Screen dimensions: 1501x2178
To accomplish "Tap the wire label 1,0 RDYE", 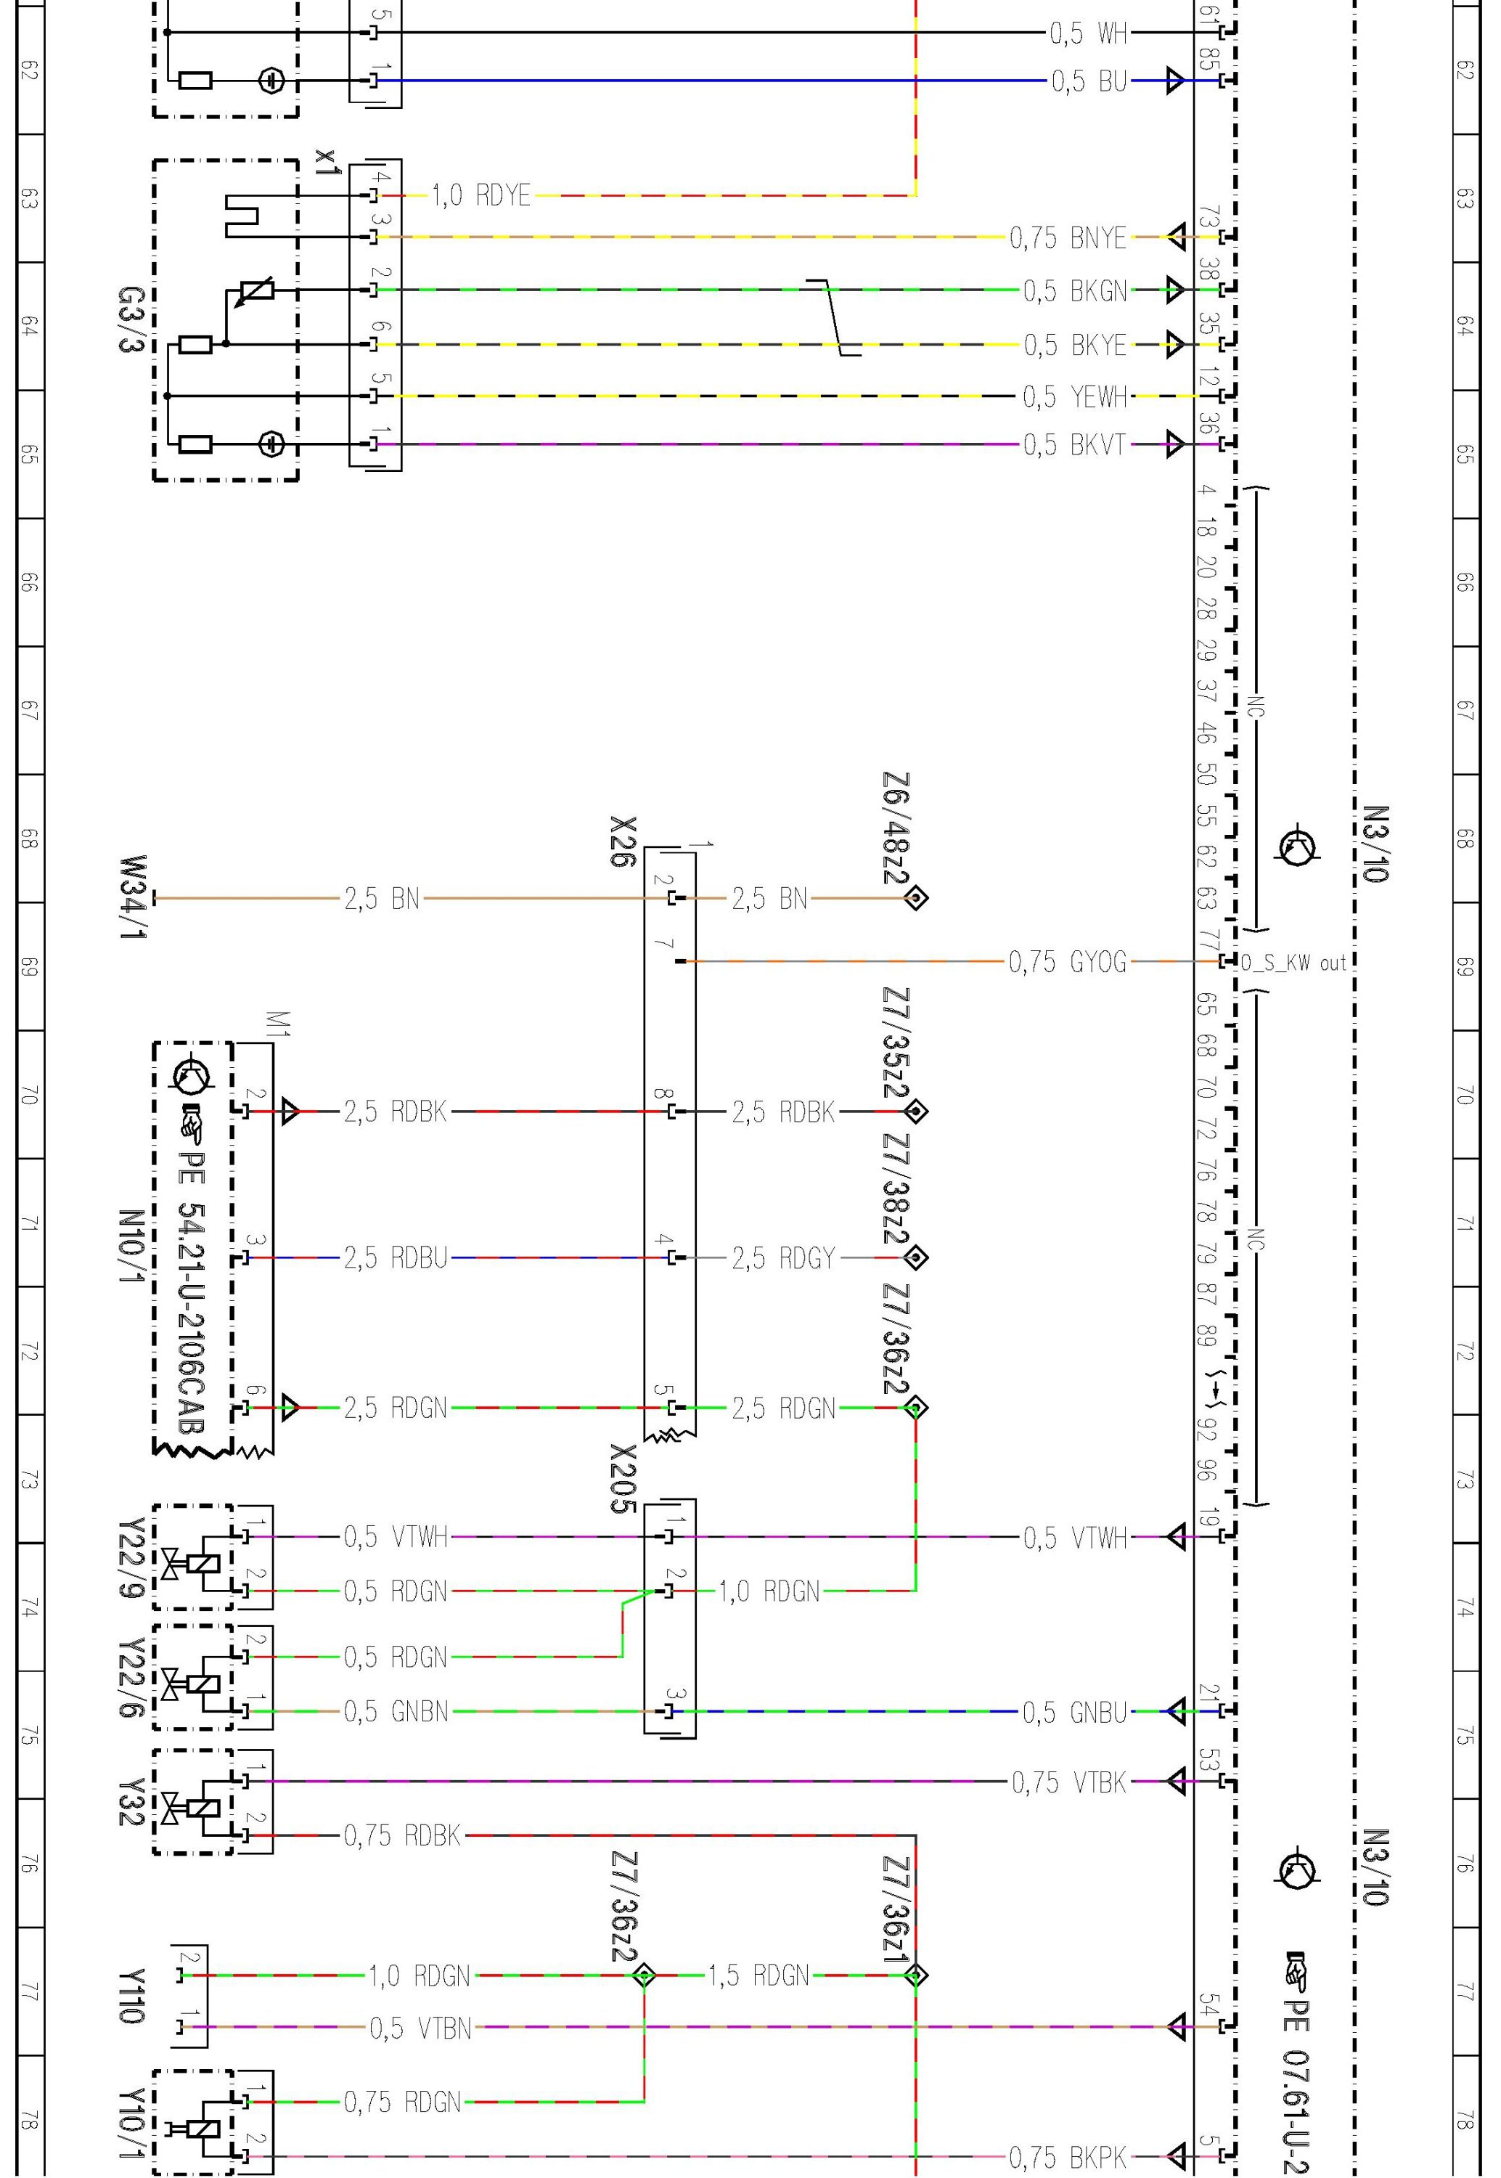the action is pos(481,195).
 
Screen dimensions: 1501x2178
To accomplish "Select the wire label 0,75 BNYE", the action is pos(1068,238).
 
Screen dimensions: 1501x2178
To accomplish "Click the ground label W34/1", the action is pos(134,898).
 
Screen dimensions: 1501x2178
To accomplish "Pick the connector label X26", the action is pos(623,843).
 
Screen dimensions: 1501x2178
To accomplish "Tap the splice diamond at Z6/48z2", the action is pos(915,898).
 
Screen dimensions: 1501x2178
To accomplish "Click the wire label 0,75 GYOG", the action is pos(1068,962).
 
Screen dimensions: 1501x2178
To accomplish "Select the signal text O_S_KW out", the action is pos(1293,963).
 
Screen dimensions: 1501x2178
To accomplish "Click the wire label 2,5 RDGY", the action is pos(783,1257).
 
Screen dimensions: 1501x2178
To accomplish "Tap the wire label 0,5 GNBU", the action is pos(1075,1713).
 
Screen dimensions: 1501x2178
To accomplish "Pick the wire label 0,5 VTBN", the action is pos(420,2028).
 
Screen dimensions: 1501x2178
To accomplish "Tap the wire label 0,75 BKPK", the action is pos(1068,2155).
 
